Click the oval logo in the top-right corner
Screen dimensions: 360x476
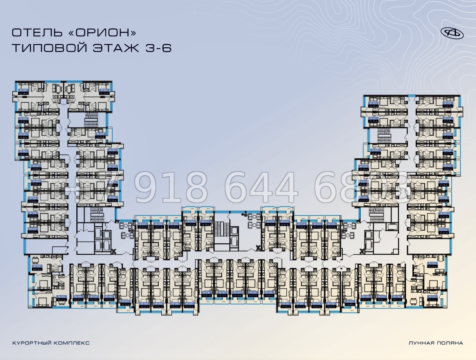[452, 33]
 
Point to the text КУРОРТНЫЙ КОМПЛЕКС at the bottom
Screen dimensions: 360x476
[51, 343]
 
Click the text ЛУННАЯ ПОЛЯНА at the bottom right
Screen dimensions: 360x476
[436, 343]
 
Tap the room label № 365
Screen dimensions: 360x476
[24, 90]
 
